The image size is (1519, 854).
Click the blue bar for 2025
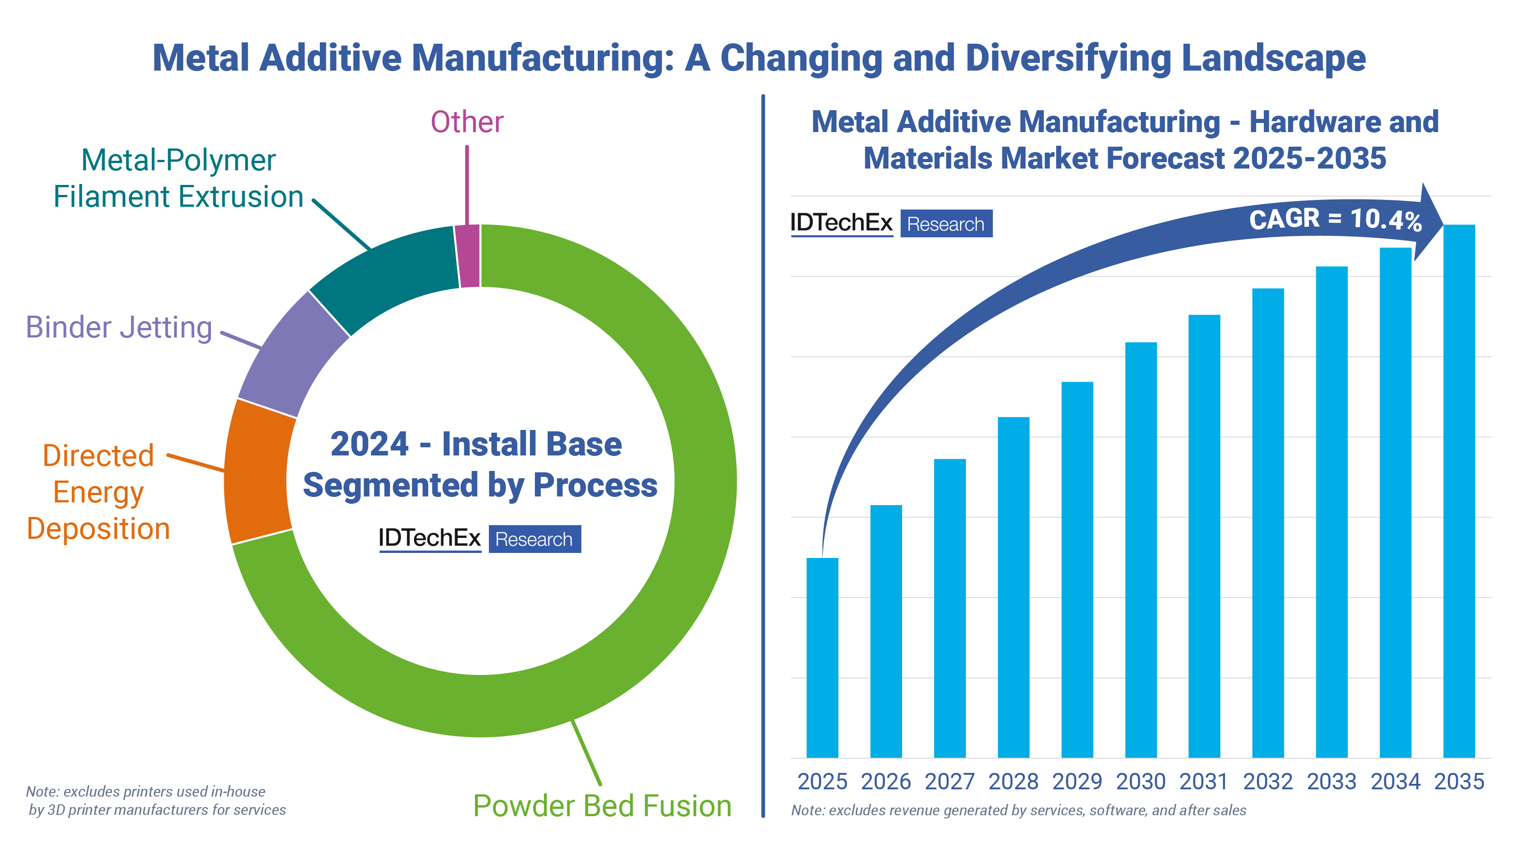pos(822,657)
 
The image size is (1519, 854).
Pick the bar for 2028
pos(1013,587)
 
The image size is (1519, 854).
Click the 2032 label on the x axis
pos(1268,782)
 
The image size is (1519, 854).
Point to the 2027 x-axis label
pos(949,782)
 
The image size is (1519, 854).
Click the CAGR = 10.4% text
pos(1335,219)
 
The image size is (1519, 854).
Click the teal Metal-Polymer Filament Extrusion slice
pos(389,277)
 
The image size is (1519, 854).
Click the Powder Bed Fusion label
pos(602,805)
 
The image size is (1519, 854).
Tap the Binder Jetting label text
pos(119,327)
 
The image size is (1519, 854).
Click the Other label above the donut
pos(467,122)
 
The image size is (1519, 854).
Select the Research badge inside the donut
pos(534,539)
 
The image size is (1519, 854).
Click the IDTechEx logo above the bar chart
pos(842,223)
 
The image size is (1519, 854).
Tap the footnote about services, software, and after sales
pos(1018,810)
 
